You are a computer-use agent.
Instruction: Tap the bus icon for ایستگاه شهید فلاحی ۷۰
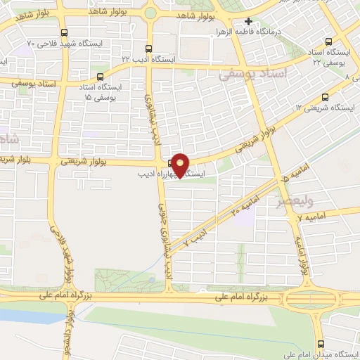[x=65, y=33]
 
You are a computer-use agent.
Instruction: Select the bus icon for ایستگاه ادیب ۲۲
[x=148, y=49]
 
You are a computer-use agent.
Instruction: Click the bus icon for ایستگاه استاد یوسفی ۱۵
[x=100, y=77]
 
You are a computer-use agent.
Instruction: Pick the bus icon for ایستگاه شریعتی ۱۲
[x=325, y=97]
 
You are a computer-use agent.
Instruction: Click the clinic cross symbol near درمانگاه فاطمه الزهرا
[x=248, y=22]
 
